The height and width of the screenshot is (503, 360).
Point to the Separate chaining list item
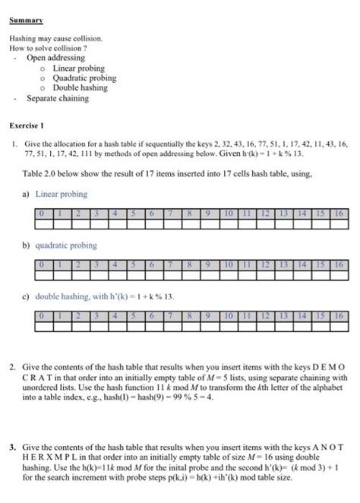coord(58,99)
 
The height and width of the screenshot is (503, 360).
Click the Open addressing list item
coord(55,58)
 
